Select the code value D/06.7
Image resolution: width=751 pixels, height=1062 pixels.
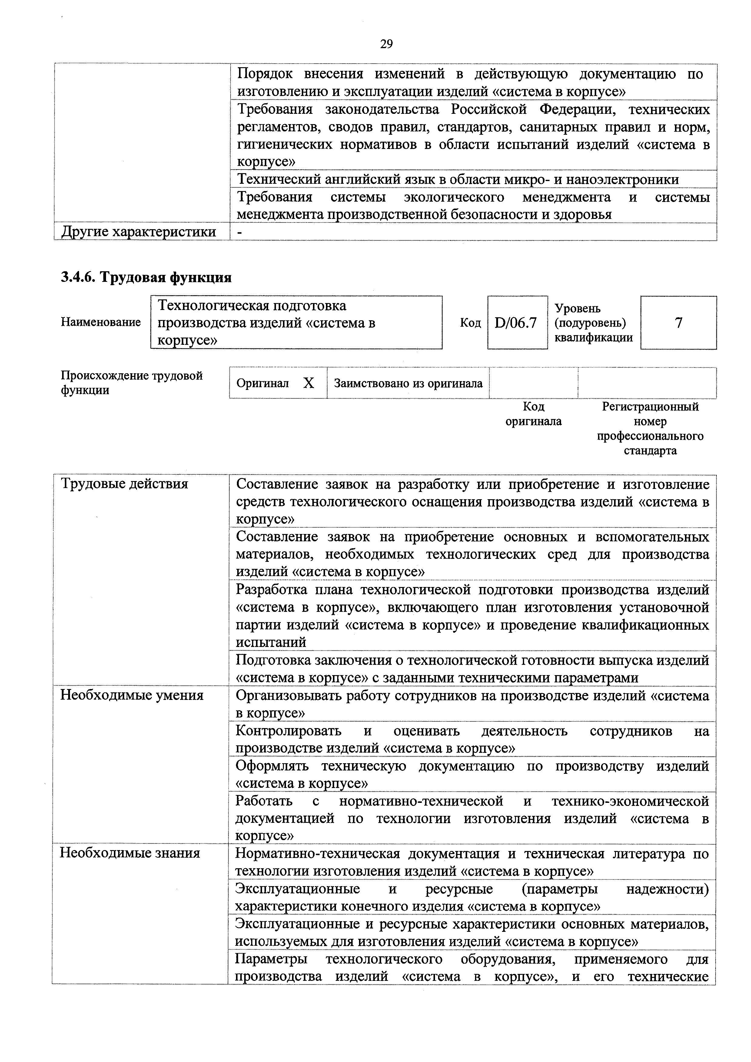coord(516,323)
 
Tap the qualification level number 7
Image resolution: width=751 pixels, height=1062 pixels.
coord(678,323)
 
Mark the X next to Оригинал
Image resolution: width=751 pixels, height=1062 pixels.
coord(309,383)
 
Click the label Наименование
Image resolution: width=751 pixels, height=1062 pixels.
coord(101,322)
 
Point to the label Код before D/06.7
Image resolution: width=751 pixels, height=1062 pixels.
coord(470,323)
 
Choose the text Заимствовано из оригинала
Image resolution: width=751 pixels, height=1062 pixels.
coord(408,383)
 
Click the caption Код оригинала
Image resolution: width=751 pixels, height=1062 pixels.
coord(533,414)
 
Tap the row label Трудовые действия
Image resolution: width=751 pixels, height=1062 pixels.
coord(125,484)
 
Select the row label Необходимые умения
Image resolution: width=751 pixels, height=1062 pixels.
coord(132,695)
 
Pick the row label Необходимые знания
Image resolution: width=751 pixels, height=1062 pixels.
coord(130,853)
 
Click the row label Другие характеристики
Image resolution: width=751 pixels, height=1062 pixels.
coord(139,232)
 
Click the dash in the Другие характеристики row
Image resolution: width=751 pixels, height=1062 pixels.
coord(239,232)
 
